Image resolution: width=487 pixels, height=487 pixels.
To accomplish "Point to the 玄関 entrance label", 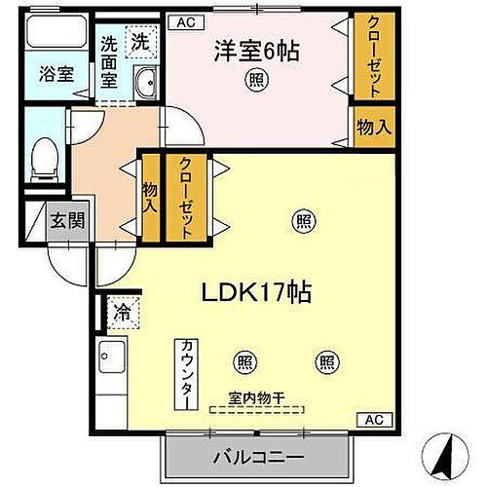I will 67,220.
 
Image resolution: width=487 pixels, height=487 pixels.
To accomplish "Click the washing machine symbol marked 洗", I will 142,42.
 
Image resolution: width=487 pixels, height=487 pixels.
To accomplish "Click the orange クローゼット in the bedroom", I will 367,56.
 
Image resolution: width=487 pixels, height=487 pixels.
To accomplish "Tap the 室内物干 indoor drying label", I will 256,397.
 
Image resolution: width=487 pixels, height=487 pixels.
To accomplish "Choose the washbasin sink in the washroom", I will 145,83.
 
